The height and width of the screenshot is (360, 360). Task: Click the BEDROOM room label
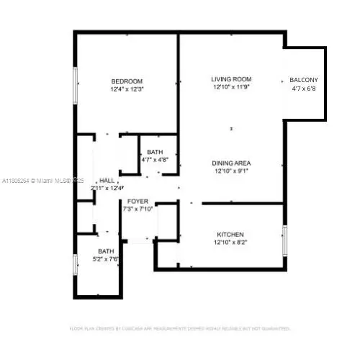[x=127, y=80]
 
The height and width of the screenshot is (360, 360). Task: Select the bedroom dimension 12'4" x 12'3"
[x=127, y=89]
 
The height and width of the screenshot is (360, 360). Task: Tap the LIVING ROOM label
[x=230, y=78]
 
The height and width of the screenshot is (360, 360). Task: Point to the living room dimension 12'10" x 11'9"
[x=230, y=87]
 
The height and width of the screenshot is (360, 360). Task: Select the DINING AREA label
[x=230, y=163]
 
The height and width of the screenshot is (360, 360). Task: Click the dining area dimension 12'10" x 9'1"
[x=230, y=171]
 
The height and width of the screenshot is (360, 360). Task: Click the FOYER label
[x=138, y=201]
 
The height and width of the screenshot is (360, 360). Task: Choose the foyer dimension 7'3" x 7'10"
[x=138, y=210]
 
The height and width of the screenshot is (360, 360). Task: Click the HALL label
[x=107, y=180]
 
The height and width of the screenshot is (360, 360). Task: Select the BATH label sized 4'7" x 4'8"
[x=155, y=152]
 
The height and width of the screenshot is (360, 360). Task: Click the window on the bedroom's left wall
[x=74, y=86]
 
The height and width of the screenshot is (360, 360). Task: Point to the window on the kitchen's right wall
[x=284, y=238]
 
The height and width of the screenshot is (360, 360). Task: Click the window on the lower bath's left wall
[x=74, y=263]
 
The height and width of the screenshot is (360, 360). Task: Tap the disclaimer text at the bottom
[x=180, y=328]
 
